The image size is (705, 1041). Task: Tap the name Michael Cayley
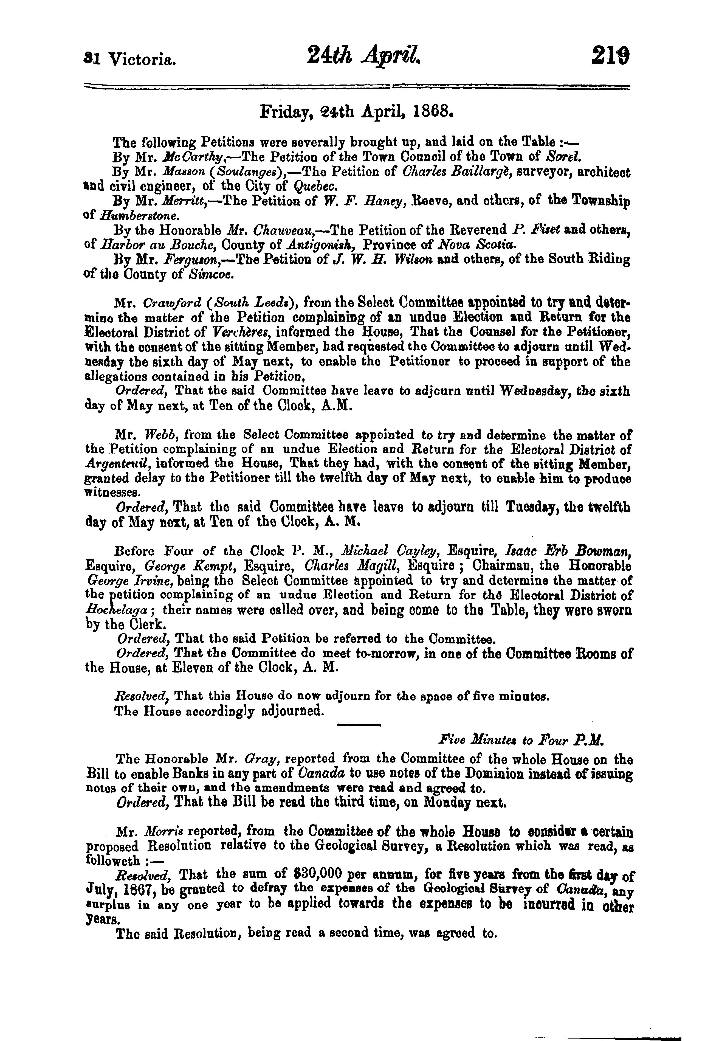pos(387,551)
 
